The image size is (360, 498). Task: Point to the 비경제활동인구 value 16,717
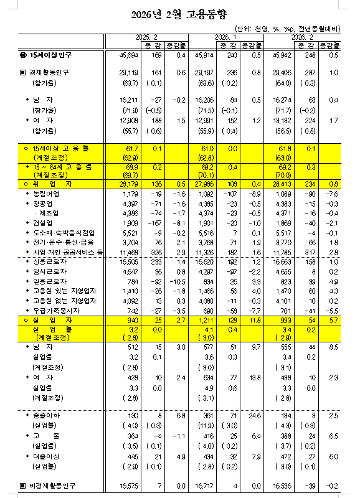(x=206, y=485)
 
